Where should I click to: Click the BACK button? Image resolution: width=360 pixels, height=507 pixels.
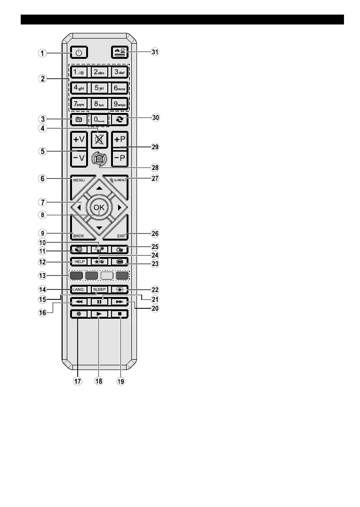79,235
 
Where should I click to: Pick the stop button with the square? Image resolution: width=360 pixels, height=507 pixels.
120,313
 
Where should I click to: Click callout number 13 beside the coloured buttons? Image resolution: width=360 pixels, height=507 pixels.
43,276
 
